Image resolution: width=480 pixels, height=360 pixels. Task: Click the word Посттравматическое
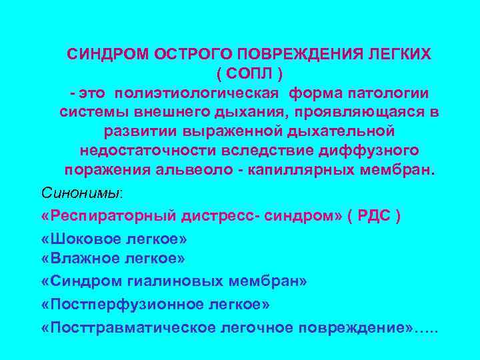(129, 328)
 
